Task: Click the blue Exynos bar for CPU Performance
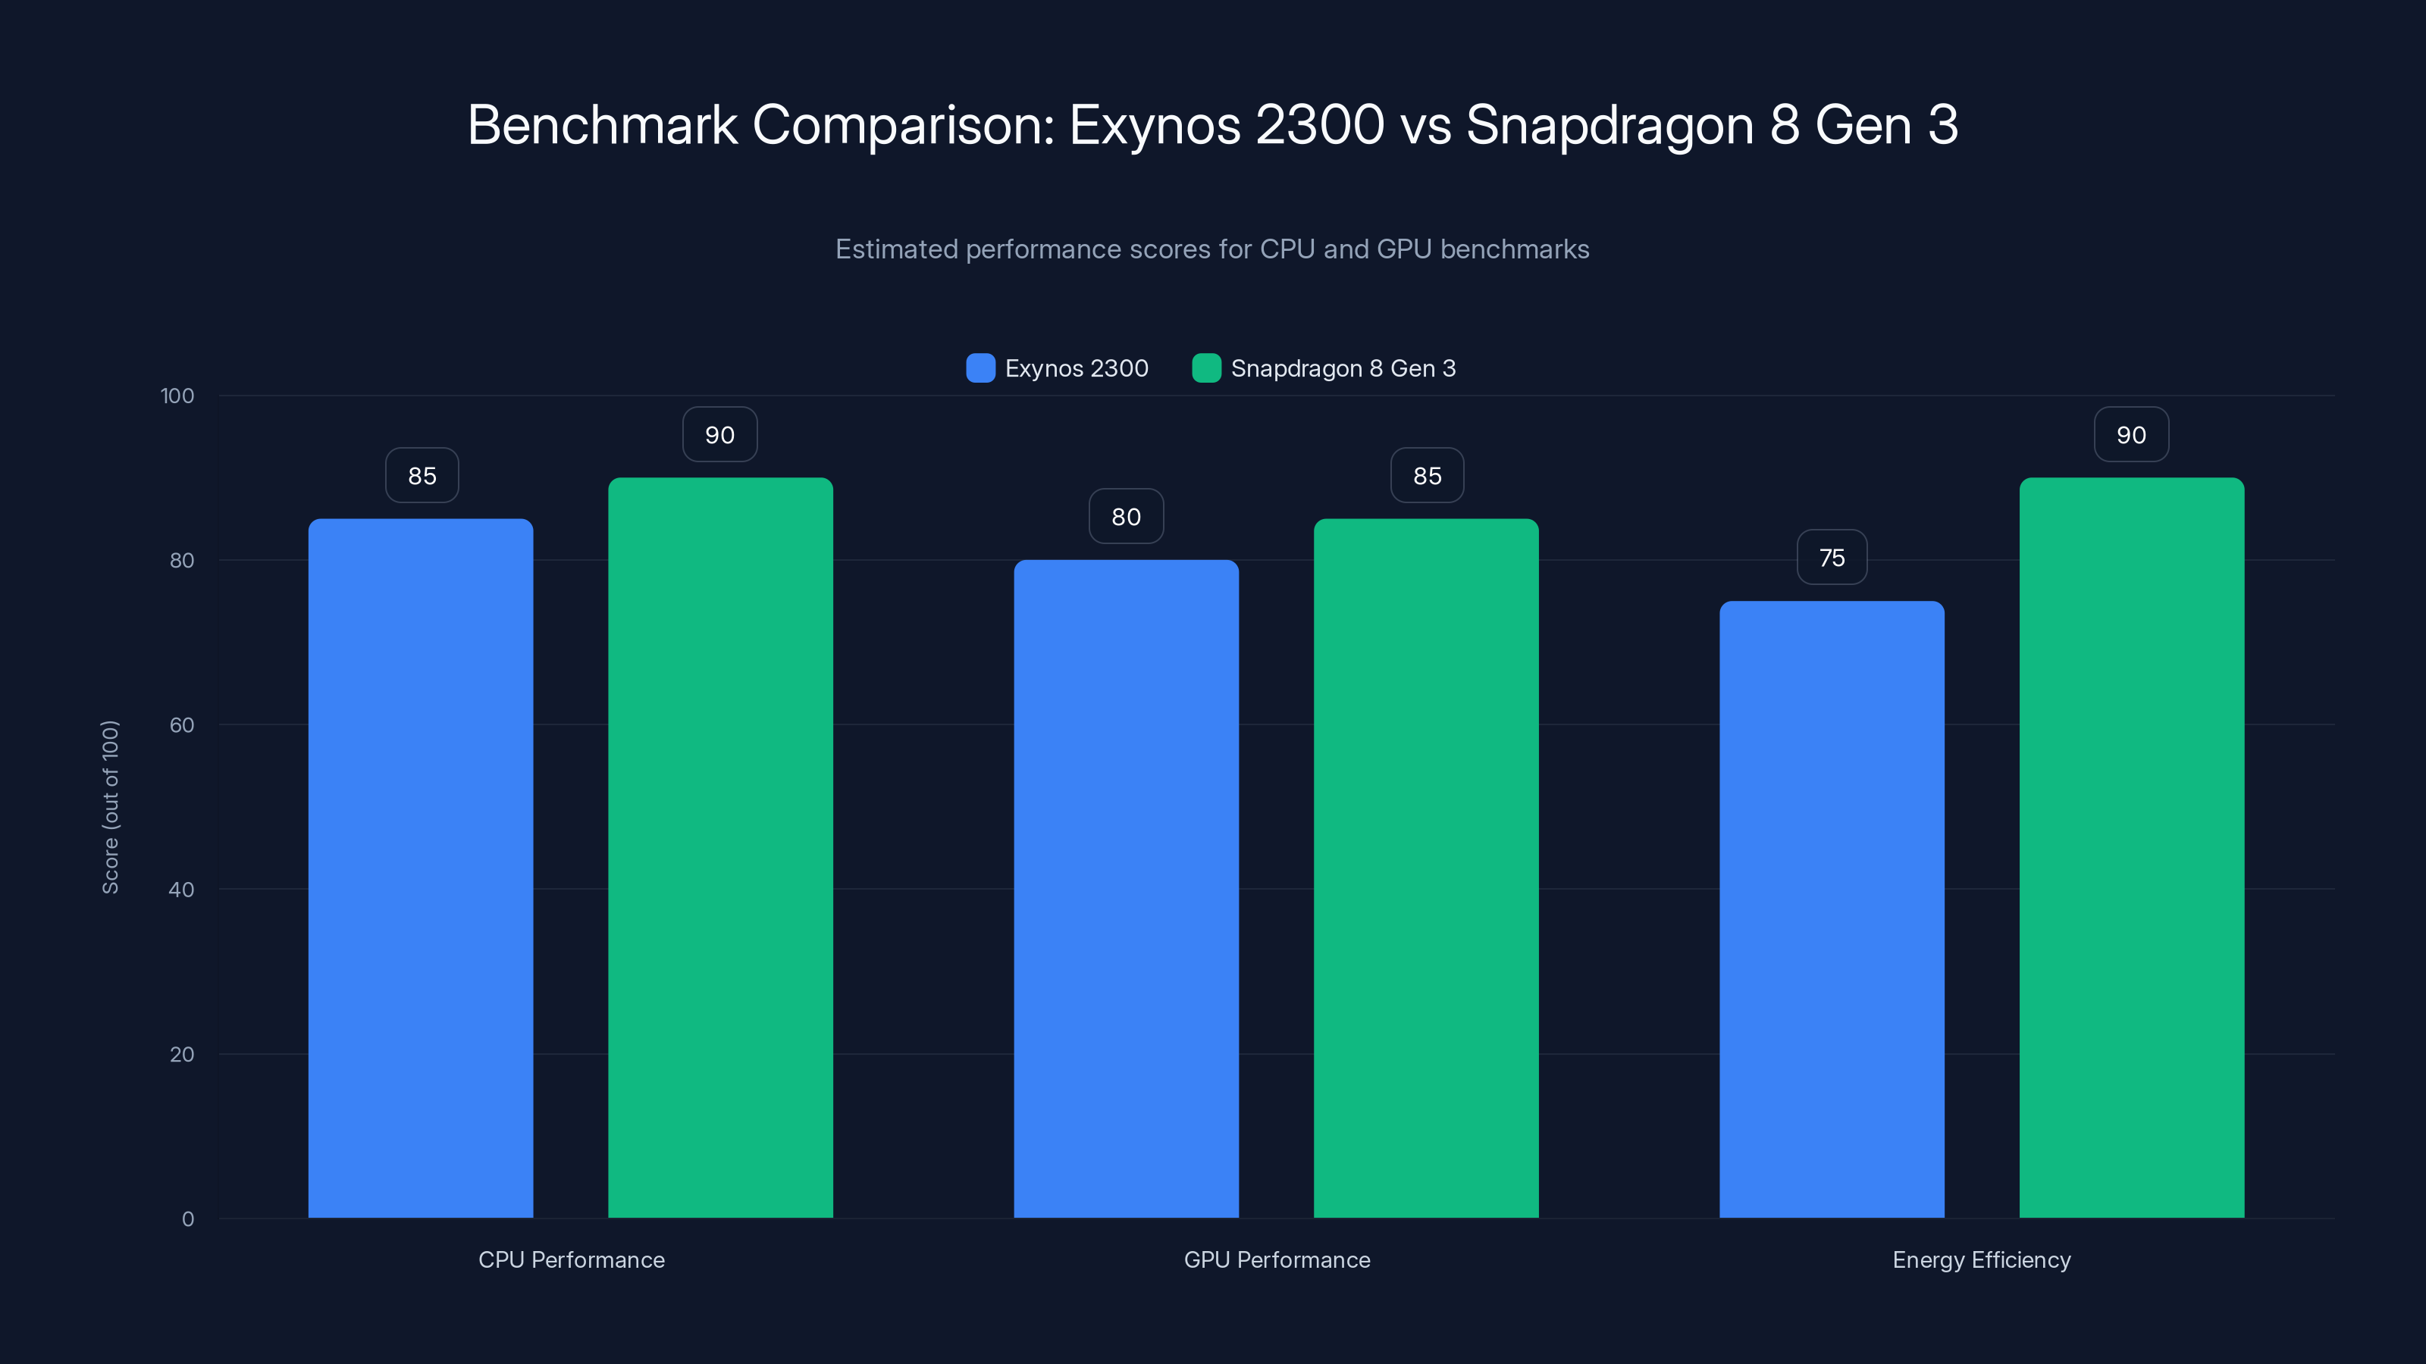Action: click(x=420, y=866)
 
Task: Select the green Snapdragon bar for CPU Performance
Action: click(x=720, y=847)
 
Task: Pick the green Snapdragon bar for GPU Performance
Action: click(x=1426, y=866)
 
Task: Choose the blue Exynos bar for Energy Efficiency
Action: click(x=1832, y=909)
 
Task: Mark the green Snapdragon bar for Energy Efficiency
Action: click(x=2131, y=847)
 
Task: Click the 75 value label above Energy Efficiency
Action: click(x=1832, y=557)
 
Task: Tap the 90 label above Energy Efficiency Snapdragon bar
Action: click(x=2131, y=434)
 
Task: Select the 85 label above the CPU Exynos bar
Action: click(x=422, y=475)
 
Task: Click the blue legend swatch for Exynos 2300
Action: click(x=980, y=368)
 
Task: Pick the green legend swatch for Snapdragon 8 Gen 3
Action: click(x=1206, y=368)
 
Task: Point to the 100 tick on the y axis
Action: click(x=177, y=396)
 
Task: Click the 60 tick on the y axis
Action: click(x=182, y=725)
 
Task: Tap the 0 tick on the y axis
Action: click(x=187, y=1219)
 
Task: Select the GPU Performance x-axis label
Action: click(x=1276, y=1259)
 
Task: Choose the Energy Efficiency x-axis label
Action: click(x=1982, y=1259)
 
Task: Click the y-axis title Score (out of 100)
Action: click(x=110, y=807)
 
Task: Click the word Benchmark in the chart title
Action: click(x=602, y=124)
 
